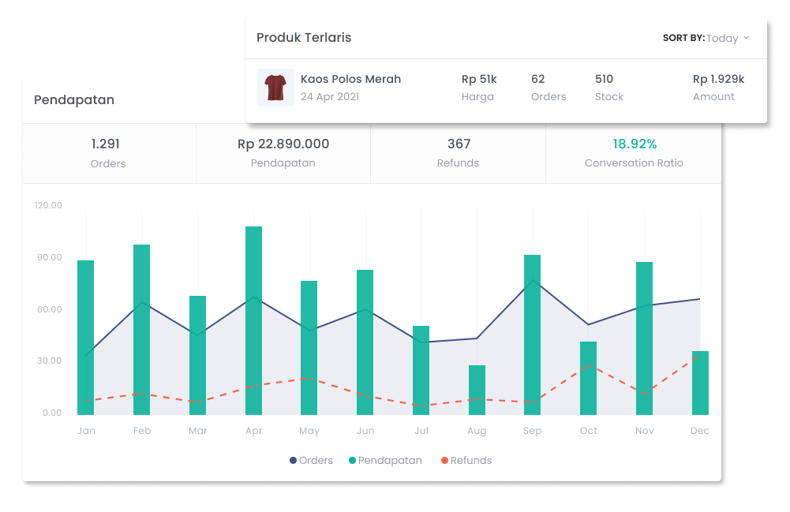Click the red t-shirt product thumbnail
pyautogui.click(x=275, y=88)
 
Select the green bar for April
pyautogui.click(x=253, y=320)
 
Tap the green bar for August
pyautogui.click(x=477, y=390)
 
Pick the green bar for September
pyautogui.click(x=533, y=334)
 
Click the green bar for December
pyautogui.click(x=700, y=383)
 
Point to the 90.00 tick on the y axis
pyautogui.click(x=48, y=257)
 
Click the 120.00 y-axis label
pyautogui.click(x=48, y=205)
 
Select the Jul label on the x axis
pyautogui.click(x=421, y=431)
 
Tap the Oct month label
pyautogui.click(x=589, y=431)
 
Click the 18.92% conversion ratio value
pyautogui.click(x=635, y=144)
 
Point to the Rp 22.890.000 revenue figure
pyautogui.click(x=283, y=144)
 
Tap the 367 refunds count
pyautogui.click(x=459, y=144)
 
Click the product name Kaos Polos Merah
pyautogui.click(x=350, y=79)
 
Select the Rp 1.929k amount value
pyautogui.click(x=718, y=79)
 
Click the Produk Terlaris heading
pyautogui.click(x=304, y=38)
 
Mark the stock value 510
pyautogui.click(x=604, y=79)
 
